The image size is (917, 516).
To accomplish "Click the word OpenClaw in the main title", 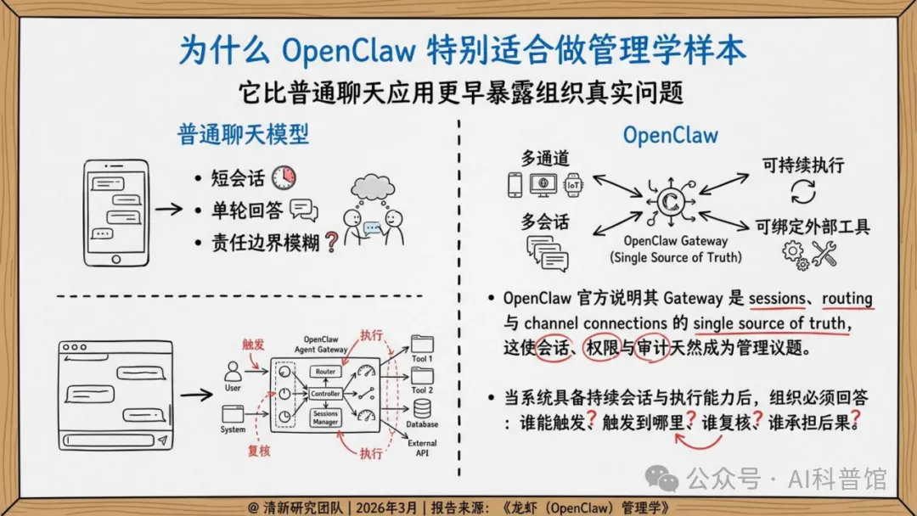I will click(x=349, y=50).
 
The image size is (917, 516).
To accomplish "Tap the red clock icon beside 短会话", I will click(x=284, y=177).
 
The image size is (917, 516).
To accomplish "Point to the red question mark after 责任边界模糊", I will click(x=331, y=243).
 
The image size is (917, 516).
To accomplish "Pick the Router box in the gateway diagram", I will click(x=326, y=372).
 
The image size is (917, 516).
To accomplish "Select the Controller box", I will click(x=326, y=394).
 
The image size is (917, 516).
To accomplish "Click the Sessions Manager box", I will click(x=326, y=418).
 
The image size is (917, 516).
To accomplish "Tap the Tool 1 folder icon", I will click(x=422, y=344).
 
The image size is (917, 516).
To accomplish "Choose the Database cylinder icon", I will click(x=422, y=408).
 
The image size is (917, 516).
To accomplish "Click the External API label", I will click(x=422, y=448).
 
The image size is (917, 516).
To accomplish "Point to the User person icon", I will click(x=233, y=372).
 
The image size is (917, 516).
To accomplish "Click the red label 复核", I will click(x=258, y=451).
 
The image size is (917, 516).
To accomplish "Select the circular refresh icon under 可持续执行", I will click(x=802, y=191).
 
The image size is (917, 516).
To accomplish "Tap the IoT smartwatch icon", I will click(x=575, y=184).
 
